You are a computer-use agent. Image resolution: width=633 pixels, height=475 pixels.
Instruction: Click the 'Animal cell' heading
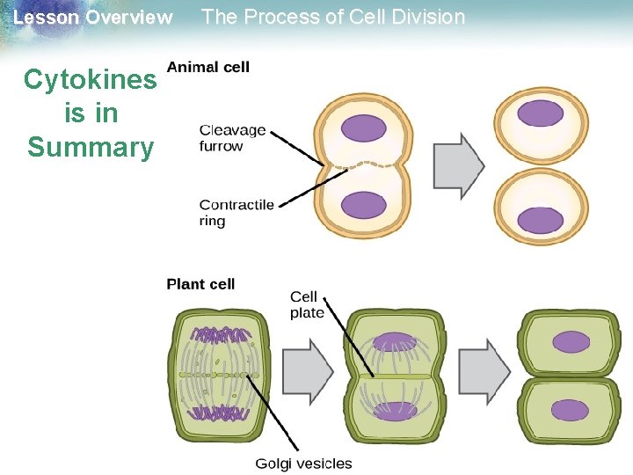(x=207, y=67)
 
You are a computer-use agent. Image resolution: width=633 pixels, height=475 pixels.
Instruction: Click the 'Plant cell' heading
(x=200, y=283)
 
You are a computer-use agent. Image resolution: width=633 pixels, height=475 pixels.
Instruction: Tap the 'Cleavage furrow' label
(x=233, y=138)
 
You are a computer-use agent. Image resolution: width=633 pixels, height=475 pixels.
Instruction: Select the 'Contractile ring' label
(x=236, y=213)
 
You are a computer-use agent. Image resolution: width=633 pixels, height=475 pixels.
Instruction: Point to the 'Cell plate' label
(x=307, y=304)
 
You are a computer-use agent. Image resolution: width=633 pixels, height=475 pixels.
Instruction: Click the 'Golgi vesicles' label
(x=303, y=464)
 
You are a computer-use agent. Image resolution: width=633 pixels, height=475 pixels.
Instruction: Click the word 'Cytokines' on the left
(x=90, y=80)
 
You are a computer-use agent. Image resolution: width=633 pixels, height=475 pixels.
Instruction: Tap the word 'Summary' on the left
(x=90, y=146)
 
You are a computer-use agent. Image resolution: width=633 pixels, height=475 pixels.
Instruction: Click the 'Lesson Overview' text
(x=93, y=18)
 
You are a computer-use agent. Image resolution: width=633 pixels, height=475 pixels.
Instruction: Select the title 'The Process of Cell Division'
(x=333, y=17)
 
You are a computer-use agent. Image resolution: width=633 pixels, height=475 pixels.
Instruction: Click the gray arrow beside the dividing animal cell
(x=459, y=165)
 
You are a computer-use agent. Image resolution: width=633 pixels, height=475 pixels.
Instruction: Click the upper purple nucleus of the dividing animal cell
(x=364, y=128)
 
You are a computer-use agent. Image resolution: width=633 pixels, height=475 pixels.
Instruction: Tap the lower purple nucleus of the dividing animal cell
(x=364, y=205)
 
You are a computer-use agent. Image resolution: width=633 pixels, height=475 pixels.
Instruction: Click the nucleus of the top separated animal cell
(x=541, y=113)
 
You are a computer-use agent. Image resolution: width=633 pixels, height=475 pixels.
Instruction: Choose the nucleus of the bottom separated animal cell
(x=541, y=220)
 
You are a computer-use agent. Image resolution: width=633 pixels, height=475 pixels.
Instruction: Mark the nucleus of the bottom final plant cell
(x=571, y=410)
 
